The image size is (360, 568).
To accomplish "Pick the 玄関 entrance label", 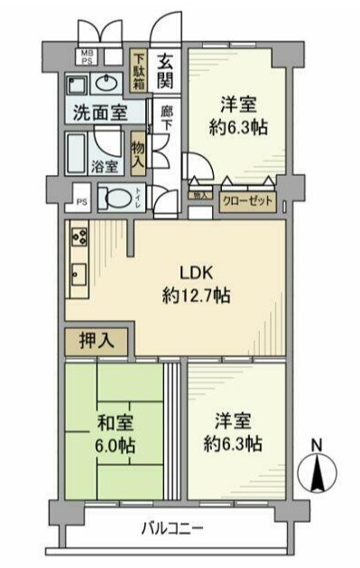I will pyautogui.click(x=167, y=71).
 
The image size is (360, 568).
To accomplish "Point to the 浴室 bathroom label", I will pyautogui.click(x=104, y=166).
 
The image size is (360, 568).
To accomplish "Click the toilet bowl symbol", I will pyautogui.click(x=115, y=197).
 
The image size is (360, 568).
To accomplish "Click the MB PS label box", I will pyautogui.click(x=88, y=58).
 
